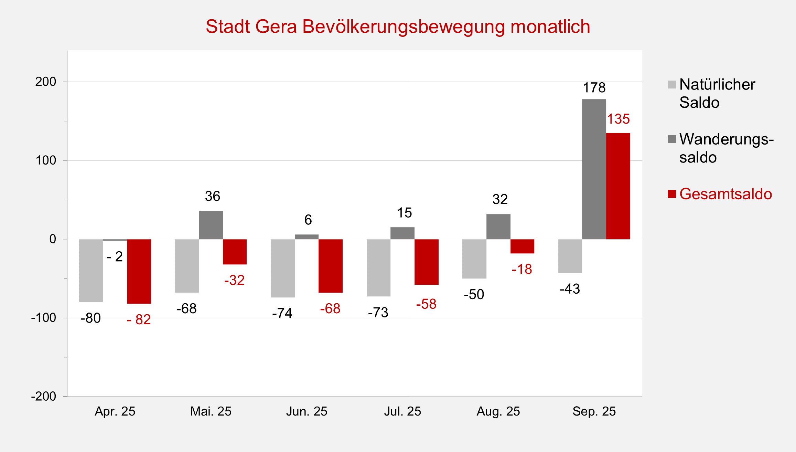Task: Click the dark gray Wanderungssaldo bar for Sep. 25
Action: tap(594, 169)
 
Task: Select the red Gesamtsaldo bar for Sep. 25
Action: tap(618, 186)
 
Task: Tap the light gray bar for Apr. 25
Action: tap(91, 270)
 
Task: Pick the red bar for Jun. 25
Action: tap(330, 266)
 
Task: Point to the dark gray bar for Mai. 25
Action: tap(211, 225)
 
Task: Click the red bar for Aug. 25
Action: tap(522, 246)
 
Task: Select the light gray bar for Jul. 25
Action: tap(378, 267)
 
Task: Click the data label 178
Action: tap(594, 88)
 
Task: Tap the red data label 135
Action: tap(618, 119)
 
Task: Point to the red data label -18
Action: tap(522, 269)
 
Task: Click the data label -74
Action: tap(282, 313)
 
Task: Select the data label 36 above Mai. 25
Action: tap(212, 196)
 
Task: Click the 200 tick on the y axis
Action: tap(46, 82)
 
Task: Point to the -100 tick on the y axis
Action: tap(44, 318)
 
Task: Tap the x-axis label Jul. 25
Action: tap(402, 411)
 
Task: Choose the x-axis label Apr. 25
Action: tap(115, 411)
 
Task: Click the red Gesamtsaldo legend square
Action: tap(672, 194)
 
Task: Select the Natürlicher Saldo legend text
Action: tap(717, 93)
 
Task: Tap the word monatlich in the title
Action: tap(550, 27)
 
